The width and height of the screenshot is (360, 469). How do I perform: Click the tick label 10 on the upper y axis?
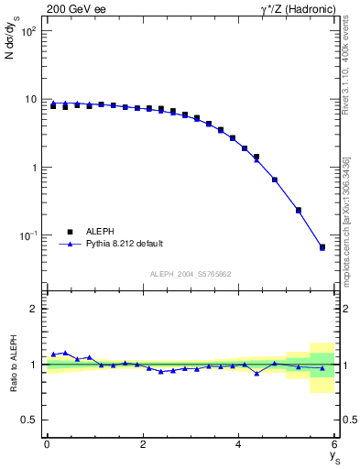(x=31, y=100)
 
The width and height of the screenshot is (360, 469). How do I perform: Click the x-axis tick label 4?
(x=239, y=444)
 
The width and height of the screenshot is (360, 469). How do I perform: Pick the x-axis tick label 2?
(x=143, y=444)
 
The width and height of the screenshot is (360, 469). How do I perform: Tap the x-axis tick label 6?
(x=334, y=444)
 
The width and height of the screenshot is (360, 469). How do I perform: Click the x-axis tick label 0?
(x=47, y=444)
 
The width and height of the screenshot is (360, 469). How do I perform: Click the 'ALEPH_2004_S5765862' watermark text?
(x=191, y=274)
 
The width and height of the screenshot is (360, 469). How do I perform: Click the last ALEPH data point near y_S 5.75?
(x=322, y=247)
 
